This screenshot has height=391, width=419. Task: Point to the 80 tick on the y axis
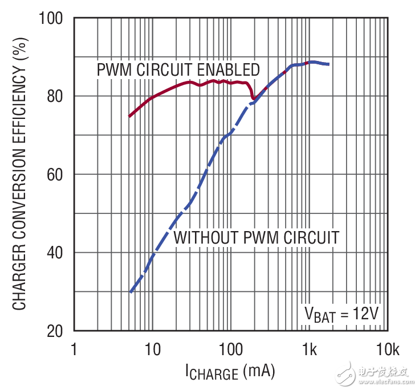(x=57, y=96)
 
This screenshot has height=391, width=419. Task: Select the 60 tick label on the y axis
(x=57, y=174)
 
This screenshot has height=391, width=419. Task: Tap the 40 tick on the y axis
(x=57, y=252)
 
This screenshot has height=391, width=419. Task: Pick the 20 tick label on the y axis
(x=57, y=330)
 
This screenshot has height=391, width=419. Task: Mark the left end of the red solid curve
(x=129, y=116)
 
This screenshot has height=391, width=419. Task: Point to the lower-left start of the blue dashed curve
(x=131, y=293)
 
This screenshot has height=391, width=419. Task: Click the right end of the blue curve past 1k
(x=328, y=64)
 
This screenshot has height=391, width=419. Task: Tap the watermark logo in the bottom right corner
(x=376, y=373)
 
